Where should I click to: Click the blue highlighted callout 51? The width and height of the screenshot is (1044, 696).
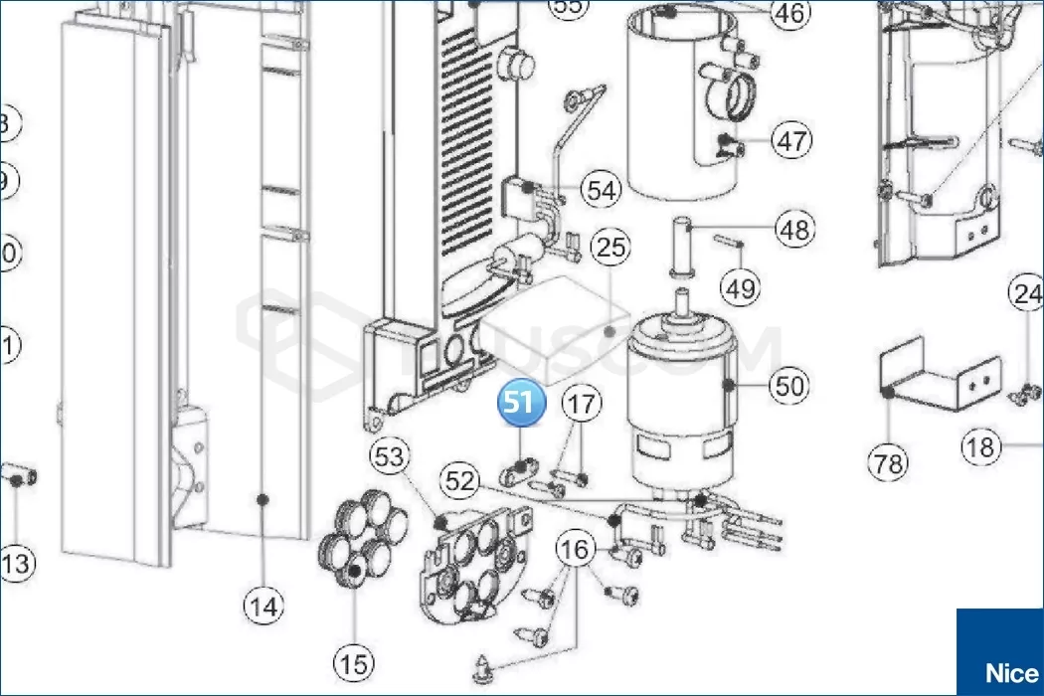coord(523,404)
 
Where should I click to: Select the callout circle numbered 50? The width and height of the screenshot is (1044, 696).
coord(790,385)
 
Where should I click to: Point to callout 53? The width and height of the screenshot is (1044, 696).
coord(391,458)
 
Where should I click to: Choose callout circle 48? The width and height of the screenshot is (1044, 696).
coord(793,231)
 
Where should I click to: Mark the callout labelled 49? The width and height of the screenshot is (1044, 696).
coord(740,288)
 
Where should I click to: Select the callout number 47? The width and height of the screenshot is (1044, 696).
coord(792,140)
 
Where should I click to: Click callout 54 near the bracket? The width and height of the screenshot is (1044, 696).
coord(601,190)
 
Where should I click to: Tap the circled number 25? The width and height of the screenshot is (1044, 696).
coord(611,247)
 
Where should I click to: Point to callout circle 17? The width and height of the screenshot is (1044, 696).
coord(584,404)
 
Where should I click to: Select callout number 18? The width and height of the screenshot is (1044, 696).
coord(981,447)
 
